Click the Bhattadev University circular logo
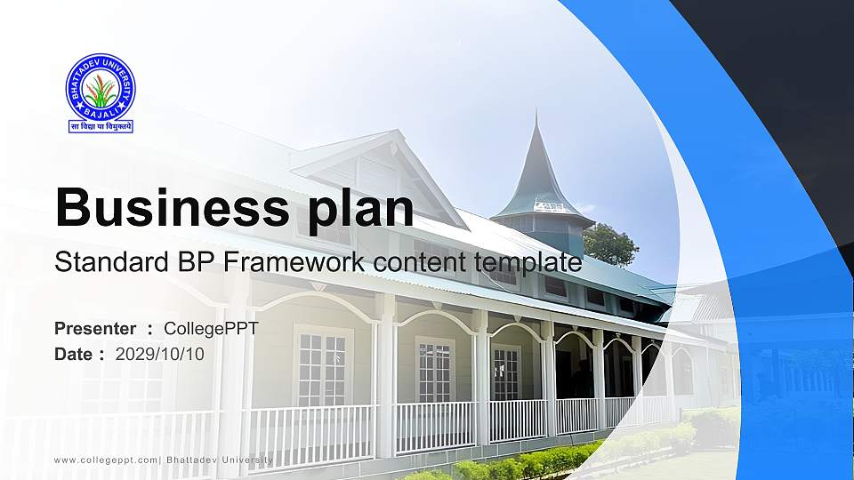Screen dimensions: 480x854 [101, 87]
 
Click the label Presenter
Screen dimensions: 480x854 [95, 329]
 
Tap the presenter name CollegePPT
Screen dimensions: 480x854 [211, 329]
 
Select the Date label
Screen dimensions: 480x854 [75, 354]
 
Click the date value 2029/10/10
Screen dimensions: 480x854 [160, 354]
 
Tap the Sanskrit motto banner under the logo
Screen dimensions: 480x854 [101, 126]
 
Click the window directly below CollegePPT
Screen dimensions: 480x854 [322, 364]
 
